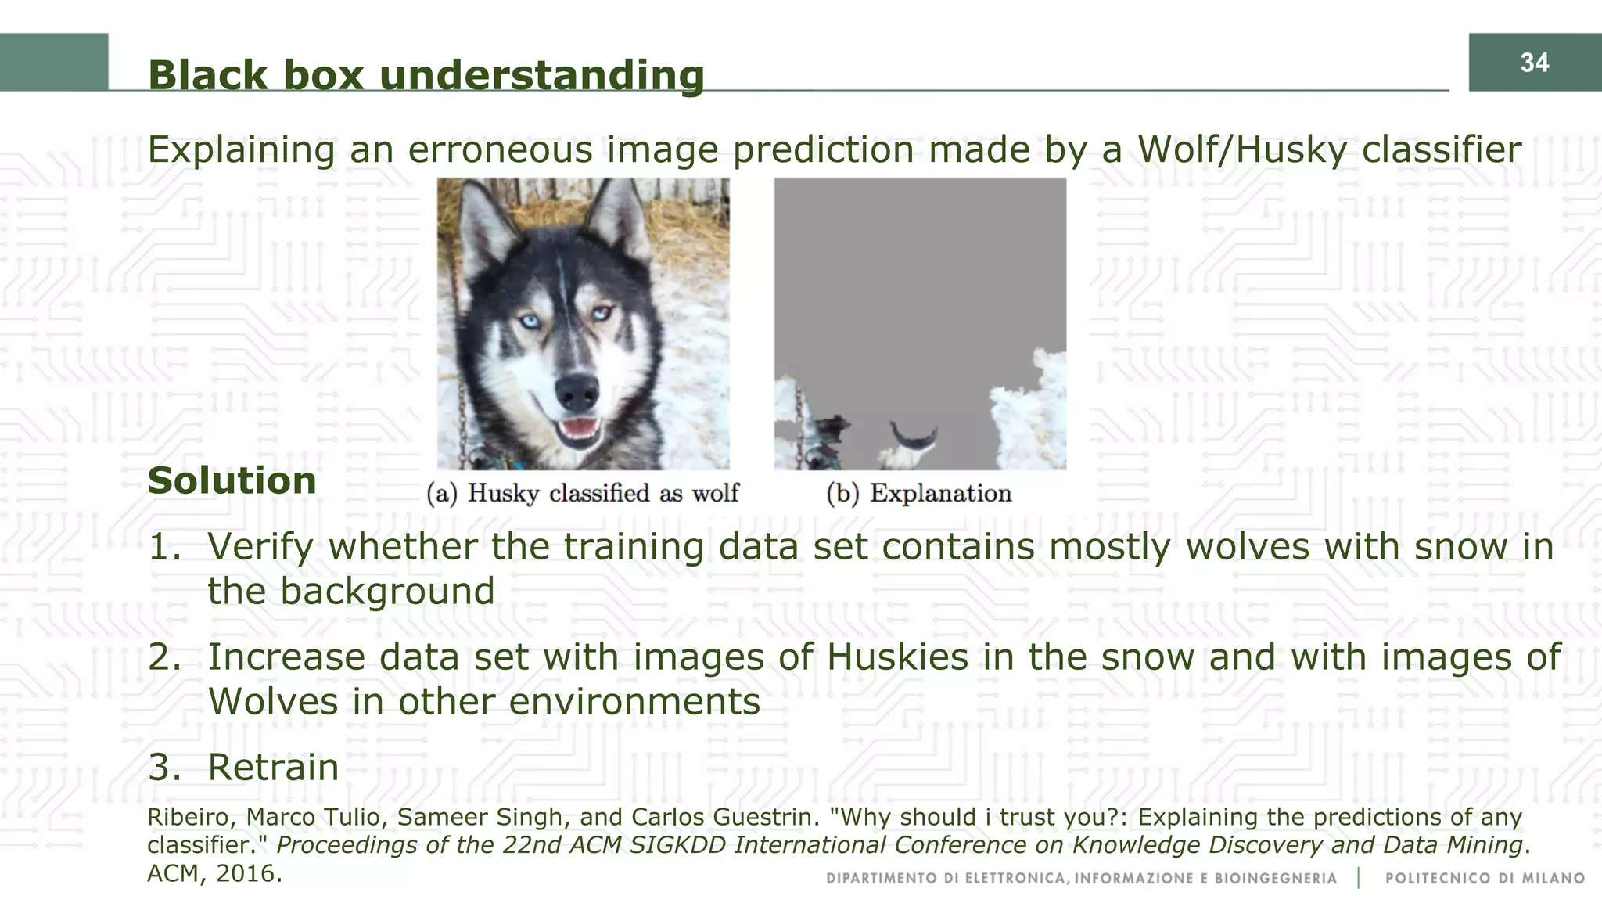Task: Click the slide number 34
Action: tap(1534, 63)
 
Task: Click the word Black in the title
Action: tap(207, 76)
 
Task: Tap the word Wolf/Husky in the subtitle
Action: tap(1241, 149)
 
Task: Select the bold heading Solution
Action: tap(232, 480)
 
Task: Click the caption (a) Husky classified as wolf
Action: tap(582, 494)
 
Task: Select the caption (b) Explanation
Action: tap(919, 494)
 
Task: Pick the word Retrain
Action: tap(273, 768)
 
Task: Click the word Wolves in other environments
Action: tap(271, 702)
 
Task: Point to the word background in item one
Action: tap(386, 592)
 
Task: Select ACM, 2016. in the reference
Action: tap(214, 873)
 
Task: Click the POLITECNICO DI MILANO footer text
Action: tap(1484, 879)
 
